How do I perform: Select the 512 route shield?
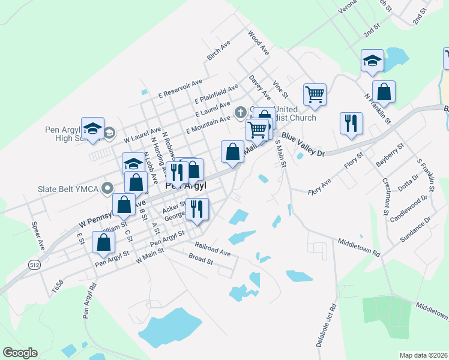tap(34, 263)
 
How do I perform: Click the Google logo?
tap(20, 353)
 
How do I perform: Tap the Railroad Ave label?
tap(212, 250)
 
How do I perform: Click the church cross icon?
tap(240, 112)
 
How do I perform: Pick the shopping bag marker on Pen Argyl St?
tap(104, 242)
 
